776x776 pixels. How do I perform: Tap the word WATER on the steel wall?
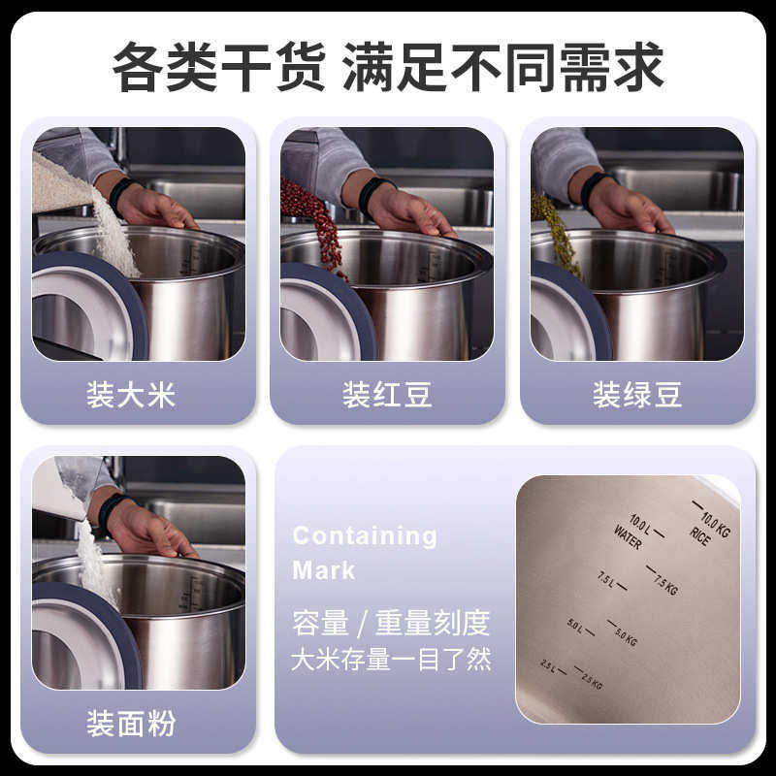(x=628, y=536)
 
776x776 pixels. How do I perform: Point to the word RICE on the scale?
(x=700, y=534)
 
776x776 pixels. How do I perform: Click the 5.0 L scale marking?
(x=577, y=629)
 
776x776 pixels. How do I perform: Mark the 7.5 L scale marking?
(x=609, y=580)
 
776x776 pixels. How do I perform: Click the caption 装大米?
(x=131, y=394)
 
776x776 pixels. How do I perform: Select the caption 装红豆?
(x=387, y=394)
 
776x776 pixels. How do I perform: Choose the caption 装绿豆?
(x=637, y=394)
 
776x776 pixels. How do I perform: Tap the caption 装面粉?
(x=131, y=724)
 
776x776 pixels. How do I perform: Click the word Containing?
(x=365, y=535)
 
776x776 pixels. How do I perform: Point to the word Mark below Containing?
(x=323, y=570)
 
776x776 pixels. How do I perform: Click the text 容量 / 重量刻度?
(x=391, y=623)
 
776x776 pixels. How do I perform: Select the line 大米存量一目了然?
(x=391, y=661)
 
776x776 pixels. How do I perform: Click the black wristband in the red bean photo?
(x=374, y=194)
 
